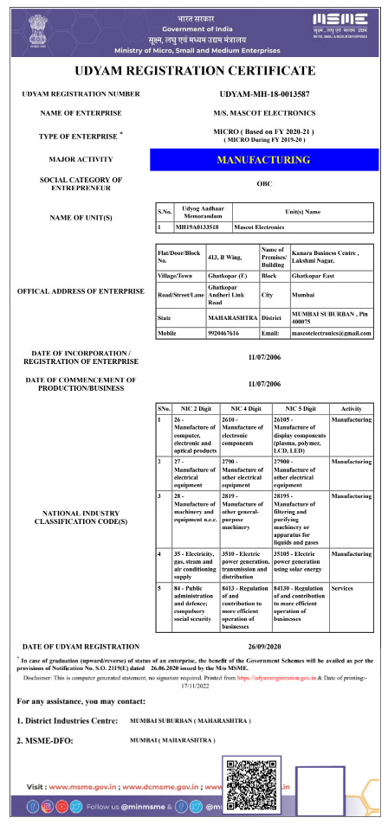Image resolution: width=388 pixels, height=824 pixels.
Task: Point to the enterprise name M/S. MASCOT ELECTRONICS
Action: tap(266, 113)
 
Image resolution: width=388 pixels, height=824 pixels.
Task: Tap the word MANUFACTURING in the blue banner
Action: tap(263, 160)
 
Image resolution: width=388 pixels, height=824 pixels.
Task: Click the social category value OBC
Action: tap(265, 183)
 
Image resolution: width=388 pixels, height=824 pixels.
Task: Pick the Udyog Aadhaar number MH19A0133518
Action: tap(197, 227)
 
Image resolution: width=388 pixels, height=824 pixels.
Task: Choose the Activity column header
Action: tap(352, 406)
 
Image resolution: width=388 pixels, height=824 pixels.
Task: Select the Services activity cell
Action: tap(342, 587)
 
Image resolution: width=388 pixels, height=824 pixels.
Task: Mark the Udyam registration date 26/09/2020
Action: tap(265, 646)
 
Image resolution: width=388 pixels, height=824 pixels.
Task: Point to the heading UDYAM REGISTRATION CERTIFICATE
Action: tap(194, 71)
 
